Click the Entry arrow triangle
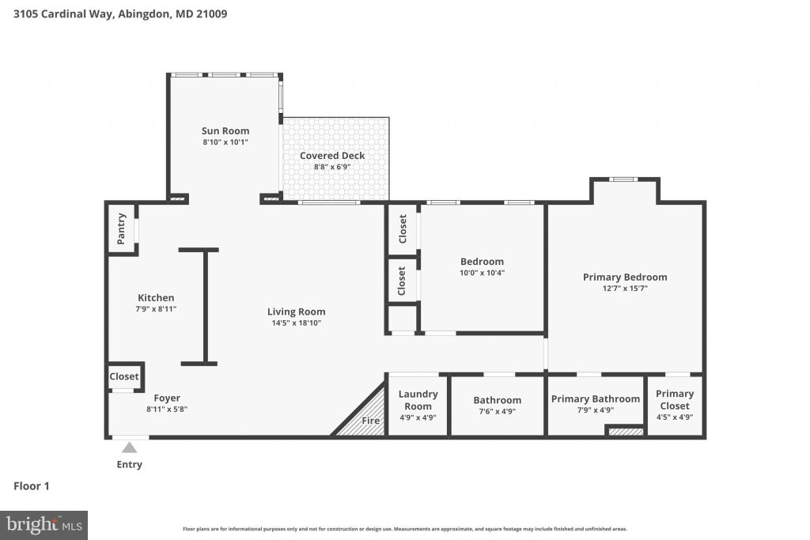[x=130, y=447]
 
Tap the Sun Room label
[x=225, y=131]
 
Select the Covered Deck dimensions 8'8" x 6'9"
[x=332, y=167]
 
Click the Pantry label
[x=121, y=228]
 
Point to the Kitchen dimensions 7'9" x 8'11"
[x=156, y=308]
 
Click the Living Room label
[x=296, y=312]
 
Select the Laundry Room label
[x=418, y=400]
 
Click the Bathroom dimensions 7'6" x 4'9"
[x=497, y=411]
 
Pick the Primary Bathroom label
[x=595, y=399]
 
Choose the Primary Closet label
[x=675, y=399]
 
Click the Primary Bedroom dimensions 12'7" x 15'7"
[x=625, y=288]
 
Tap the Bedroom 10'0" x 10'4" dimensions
[x=482, y=273]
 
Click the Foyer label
[x=167, y=398]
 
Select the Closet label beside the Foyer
[x=124, y=376]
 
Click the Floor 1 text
[x=32, y=485]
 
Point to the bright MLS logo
[x=44, y=526]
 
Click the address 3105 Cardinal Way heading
[x=120, y=14]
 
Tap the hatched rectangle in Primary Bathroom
[x=625, y=431]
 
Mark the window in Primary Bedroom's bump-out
[x=623, y=179]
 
